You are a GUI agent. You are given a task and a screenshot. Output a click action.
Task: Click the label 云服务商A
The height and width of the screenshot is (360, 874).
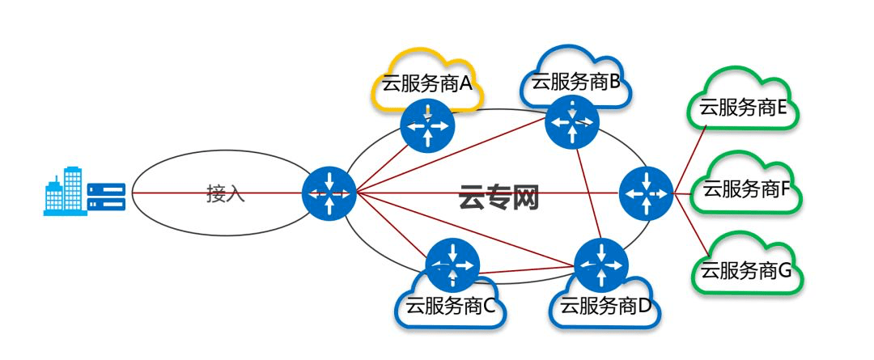tap(426, 83)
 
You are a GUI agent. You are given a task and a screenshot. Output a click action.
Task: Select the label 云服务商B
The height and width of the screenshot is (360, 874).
tap(575, 80)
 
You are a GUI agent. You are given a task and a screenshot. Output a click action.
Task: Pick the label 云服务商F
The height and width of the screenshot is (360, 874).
tap(744, 190)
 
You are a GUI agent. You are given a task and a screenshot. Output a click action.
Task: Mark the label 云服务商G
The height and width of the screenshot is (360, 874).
tap(745, 270)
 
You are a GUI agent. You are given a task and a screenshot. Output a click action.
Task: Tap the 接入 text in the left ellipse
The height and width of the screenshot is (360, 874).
tap(226, 193)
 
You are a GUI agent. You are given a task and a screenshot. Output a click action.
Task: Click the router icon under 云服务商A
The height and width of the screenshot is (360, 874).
tap(427, 126)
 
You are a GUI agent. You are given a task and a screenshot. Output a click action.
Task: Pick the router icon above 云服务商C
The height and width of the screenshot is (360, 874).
tap(452, 265)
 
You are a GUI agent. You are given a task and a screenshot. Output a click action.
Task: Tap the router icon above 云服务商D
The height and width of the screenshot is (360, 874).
tap(600, 265)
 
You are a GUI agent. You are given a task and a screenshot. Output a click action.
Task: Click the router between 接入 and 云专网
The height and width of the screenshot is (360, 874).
tap(329, 193)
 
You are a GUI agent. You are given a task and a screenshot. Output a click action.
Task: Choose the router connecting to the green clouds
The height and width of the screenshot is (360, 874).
tap(646, 193)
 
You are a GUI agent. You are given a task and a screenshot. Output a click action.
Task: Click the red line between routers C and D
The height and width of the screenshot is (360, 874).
tap(526, 269)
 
